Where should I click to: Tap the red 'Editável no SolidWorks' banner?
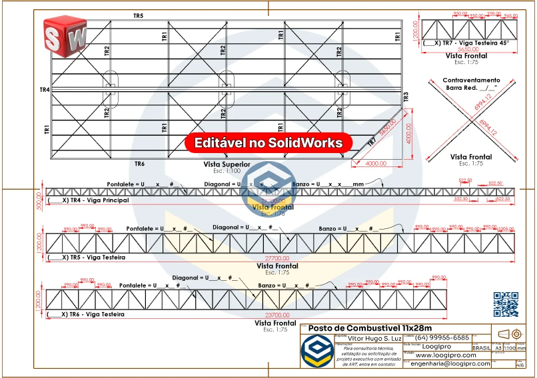(268, 142)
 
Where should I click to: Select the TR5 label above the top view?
(138, 15)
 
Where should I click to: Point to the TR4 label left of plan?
(45, 89)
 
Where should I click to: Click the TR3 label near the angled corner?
(406, 96)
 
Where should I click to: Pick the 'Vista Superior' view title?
(227, 164)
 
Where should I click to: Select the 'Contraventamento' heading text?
(471, 80)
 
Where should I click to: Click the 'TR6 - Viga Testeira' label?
(85, 314)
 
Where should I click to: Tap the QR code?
(506, 304)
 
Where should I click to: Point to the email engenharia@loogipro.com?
(450, 364)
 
